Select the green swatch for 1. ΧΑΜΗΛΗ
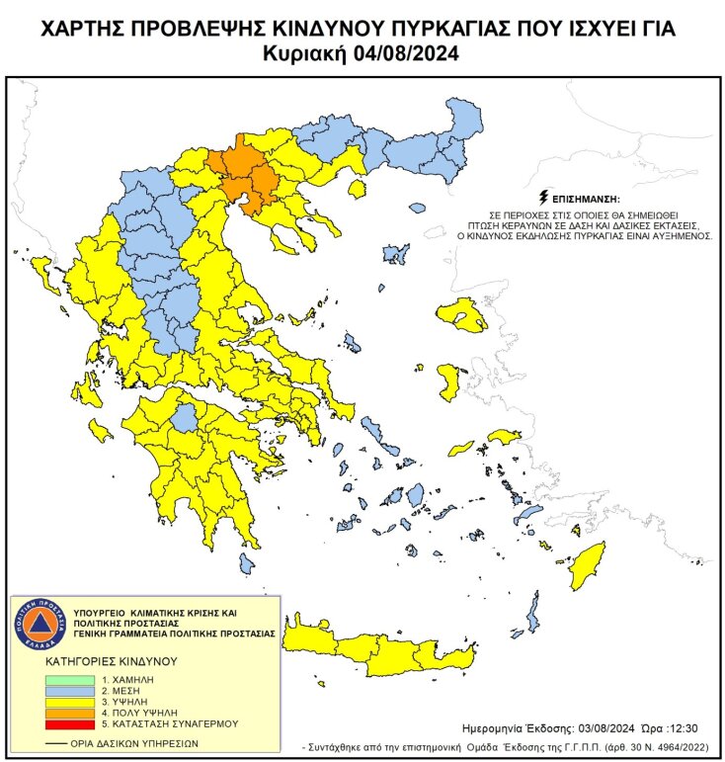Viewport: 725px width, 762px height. [71, 681]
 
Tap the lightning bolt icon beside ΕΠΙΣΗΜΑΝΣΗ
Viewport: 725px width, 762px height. [542, 197]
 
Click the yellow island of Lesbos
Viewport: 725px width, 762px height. [462, 315]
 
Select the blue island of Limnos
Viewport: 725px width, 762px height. [397, 254]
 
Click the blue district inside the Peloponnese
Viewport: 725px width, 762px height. [183, 421]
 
